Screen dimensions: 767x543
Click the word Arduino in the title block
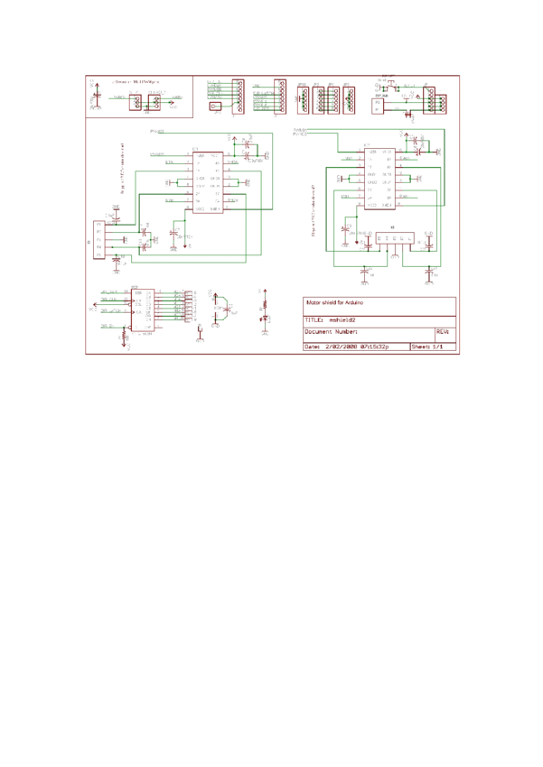(353, 303)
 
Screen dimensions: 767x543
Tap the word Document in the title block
(320, 332)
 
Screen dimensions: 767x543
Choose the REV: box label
(442, 332)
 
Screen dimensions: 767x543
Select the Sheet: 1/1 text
(427, 346)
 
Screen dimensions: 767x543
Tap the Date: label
(312, 346)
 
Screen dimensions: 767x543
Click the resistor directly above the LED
(264, 304)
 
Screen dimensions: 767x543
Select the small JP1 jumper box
(215, 106)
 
